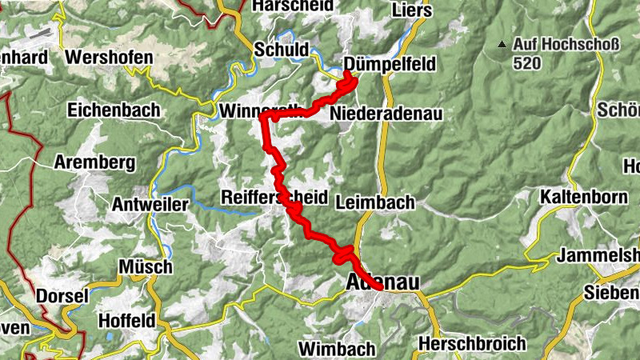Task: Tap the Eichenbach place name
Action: pos(114,110)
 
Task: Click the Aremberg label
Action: pos(94,162)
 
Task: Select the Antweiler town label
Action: pos(150,205)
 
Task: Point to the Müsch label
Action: pos(145,266)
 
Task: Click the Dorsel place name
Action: pos(62,296)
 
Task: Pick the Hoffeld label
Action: pos(125,321)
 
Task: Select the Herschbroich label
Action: pos(472,344)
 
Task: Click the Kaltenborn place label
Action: pos(582,196)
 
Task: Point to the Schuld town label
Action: pos(281,50)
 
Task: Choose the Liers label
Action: pos(413,10)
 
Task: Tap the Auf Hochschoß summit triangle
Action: pos(502,44)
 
